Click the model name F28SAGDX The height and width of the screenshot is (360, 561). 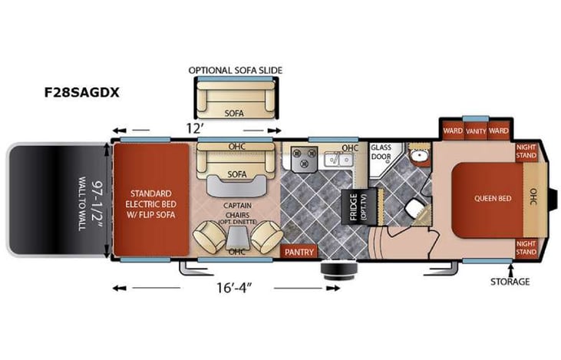pyautogui.click(x=81, y=94)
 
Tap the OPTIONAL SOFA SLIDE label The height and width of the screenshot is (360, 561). pyautogui.click(x=236, y=70)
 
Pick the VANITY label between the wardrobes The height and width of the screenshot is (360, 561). pyautogui.click(x=476, y=130)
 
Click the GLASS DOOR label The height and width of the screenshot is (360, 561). pyautogui.click(x=381, y=152)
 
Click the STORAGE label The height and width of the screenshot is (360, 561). pyautogui.click(x=510, y=282)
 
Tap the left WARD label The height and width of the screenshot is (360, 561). pyautogui.click(x=453, y=130)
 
